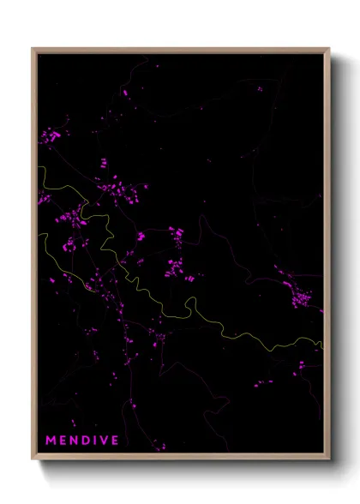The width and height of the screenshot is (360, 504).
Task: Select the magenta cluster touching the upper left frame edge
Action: tap(50, 135)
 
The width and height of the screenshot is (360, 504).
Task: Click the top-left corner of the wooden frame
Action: tap(33, 49)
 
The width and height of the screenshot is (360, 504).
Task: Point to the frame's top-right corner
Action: tap(328, 49)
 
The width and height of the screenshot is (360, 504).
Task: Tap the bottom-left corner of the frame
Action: tap(33, 458)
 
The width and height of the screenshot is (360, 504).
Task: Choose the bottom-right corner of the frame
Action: tap(328, 458)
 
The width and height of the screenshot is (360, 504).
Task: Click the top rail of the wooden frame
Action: tap(180, 49)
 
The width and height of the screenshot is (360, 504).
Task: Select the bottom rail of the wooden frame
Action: tap(180, 458)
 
